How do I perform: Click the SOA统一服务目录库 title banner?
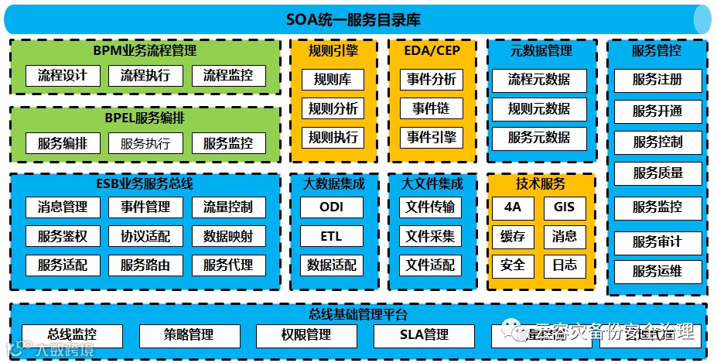[x=358, y=19]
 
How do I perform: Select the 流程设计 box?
[x=63, y=76]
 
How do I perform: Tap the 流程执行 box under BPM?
[x=145, y=76]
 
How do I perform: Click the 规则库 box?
[x=333, y=79]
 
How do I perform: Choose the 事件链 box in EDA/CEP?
[x=431, y=108]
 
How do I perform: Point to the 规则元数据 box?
[x=539, y=109]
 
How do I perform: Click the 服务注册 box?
[x=657, y=80]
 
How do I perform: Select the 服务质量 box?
[x=657, y=173]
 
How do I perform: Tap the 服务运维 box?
[x=657, y=272]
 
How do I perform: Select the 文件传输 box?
[x=431, y=207]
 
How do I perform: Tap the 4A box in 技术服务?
[x=513, y=207]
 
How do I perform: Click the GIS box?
[x=565, y=207]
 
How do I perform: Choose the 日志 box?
[x=565, y=265]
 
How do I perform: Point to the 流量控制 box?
[x=228, y=207]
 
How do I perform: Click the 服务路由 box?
[x=145, y=265]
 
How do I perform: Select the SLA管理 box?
[x=424, y=336]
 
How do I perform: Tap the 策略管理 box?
[x=189, y=336]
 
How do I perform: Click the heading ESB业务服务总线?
[x=145, y=184]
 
